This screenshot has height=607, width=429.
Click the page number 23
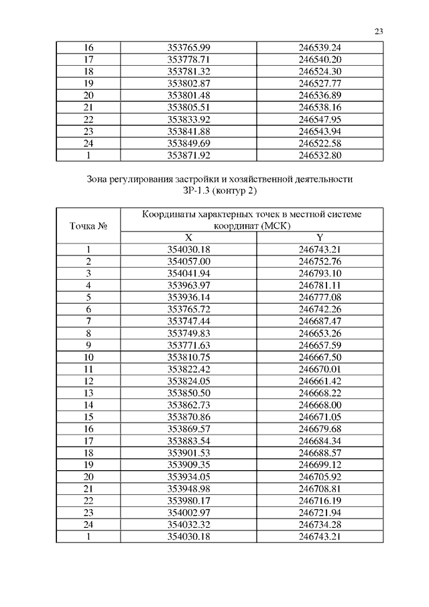pyautogui.click(x=379, y=31)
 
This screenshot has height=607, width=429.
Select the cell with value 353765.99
pyautogui.click(x=188, y=48)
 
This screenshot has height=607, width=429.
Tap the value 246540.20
pyautogui.click(x=320, y=60)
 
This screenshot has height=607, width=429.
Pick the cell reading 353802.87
pyautogui.click(x=188, y=83)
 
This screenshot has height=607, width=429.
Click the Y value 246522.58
pyautogui.click(x=320, y=144)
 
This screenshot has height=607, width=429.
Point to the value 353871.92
pyautogui.click(x=188, y=156)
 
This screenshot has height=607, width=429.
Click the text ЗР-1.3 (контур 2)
pyautogui.click(x=219, y=191)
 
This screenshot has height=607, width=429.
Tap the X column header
pyautogui.click(x=188, y=237)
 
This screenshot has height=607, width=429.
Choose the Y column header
pyautogui.click(x=320, y=237)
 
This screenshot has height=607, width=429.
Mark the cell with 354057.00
pyautogui.click(x=188, y=261)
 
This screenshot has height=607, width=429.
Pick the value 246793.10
pyautogui.click(x=320, y=273)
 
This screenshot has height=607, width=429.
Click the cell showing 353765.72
pyautogui.click(x=188, y=309)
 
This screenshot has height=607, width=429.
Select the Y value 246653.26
pyautogui.click(x=320, y=333)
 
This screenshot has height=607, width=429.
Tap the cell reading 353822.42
pyautogui.click(x=188, y=368)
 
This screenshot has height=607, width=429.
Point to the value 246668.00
pyautogui.click(x=320, y=404)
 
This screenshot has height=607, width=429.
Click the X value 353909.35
pyautogui.click(x=188, y=464)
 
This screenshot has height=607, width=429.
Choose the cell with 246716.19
pyautogui.click(x=320, y=500)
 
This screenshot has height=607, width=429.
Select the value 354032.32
pyautogui.click(x=188, y=524)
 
